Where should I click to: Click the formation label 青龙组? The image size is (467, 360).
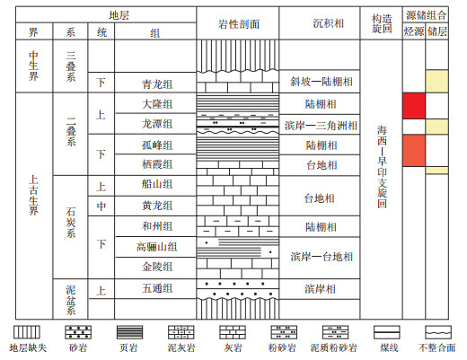click(x=157, y=84)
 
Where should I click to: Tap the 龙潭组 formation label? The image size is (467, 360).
click(x=157, y=124)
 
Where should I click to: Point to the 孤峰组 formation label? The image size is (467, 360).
click(x=157, y=145)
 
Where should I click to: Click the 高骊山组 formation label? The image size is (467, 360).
click(x=157, y=247)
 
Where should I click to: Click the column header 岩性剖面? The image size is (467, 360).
click(x=239, y=24)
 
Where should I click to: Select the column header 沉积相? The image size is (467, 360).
click(x=329, y=23)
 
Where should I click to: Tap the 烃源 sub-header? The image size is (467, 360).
click(x=414, y=31)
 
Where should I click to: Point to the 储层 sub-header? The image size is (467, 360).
click(x=437, y=31)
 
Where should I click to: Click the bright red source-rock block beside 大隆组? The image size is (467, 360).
click(x=414, y=106)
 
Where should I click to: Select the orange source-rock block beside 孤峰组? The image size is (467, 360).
click(x=414, y=151)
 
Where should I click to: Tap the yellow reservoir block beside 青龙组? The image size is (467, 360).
click(x=437, y=81)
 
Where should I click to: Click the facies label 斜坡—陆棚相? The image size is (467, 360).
click(x=322, y=82)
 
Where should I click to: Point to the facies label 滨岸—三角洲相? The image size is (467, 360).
click(x=321, y=126)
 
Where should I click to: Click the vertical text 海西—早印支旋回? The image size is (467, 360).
click(x=382, y=167)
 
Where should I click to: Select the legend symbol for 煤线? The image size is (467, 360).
click(x=387, y=332)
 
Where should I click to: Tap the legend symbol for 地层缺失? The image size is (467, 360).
click(x=27, y=332)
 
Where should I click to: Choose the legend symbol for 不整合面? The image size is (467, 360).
click(x=438, y=332)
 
